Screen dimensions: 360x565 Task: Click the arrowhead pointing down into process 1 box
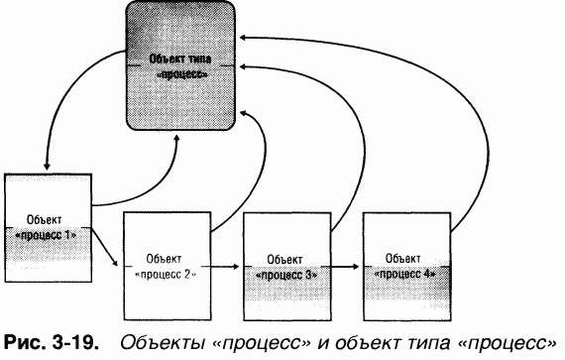[47, 167]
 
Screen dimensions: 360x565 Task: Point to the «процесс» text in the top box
[183, 72]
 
